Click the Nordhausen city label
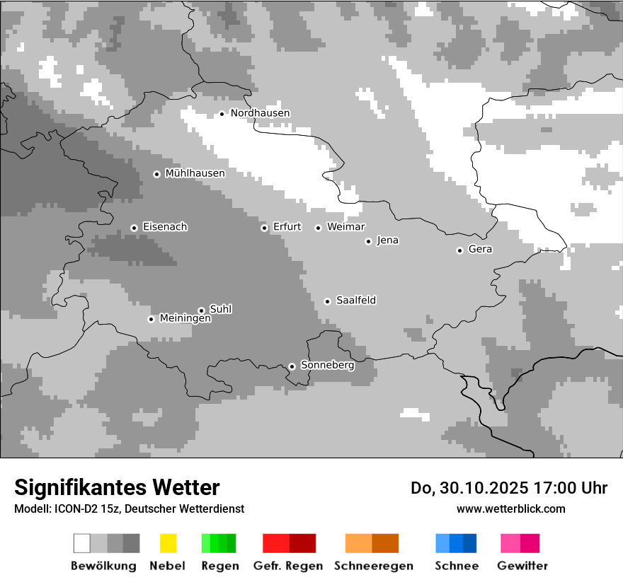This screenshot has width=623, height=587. pyautogui.click(x=260, y=113)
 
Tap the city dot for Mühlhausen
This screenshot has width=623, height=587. pyautogui.click(x=157, y=174)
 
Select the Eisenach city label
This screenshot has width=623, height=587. pyautogui.click(x=165, y=227)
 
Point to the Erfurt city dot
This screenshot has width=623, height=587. pyautogui.click(x=264, y=228)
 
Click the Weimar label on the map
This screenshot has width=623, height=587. pyautogui.click(x=345, y=227)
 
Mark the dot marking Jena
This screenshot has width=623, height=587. pyautogui.click(x=368, y=241)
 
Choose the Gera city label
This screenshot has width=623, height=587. pyautogui.click(x=480, y=250)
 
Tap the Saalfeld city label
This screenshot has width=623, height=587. pyautogui.click(x=356, y=301)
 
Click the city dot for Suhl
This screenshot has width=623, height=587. pyautogui.click(x=201, y=310)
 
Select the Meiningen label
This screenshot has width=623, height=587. pyautogui.click(x=185, y=319)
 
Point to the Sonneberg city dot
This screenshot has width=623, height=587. pyautogui.click(x=292, y=366)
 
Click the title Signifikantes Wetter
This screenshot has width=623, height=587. pyautogui.click(x=117, y=488)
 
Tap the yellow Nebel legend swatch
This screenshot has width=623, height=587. pyautogui.click(x=168, y=543)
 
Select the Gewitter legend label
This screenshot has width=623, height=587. pyautogui.click(x=522, y=566)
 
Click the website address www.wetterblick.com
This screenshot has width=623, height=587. pyautogui.click(x=510, y=508)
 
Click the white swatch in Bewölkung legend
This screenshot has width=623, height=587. pyautogui.click(x=82, y=543)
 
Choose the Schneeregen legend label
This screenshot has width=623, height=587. pyautogui.click(x=373, y=566)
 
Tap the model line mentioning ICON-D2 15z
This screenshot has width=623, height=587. pyautogui.click(x=129, y=508)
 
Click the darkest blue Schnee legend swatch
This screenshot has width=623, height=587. pyautogui.click(x=470, y=543)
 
